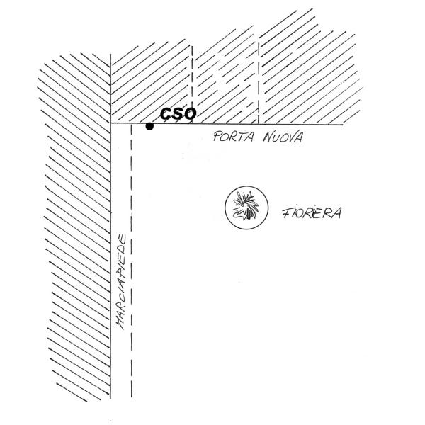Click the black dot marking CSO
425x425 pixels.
[149, 127]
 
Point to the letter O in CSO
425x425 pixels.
[189, 113]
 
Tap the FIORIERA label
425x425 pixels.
[312, 212]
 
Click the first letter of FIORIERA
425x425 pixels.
[285, 212]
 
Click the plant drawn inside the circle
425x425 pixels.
[246, 208]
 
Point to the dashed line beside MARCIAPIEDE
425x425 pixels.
[132, 283]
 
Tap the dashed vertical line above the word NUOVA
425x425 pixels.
[259, 78]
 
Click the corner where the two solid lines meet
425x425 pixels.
[111, 124]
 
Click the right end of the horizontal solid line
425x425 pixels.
[342, 125]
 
